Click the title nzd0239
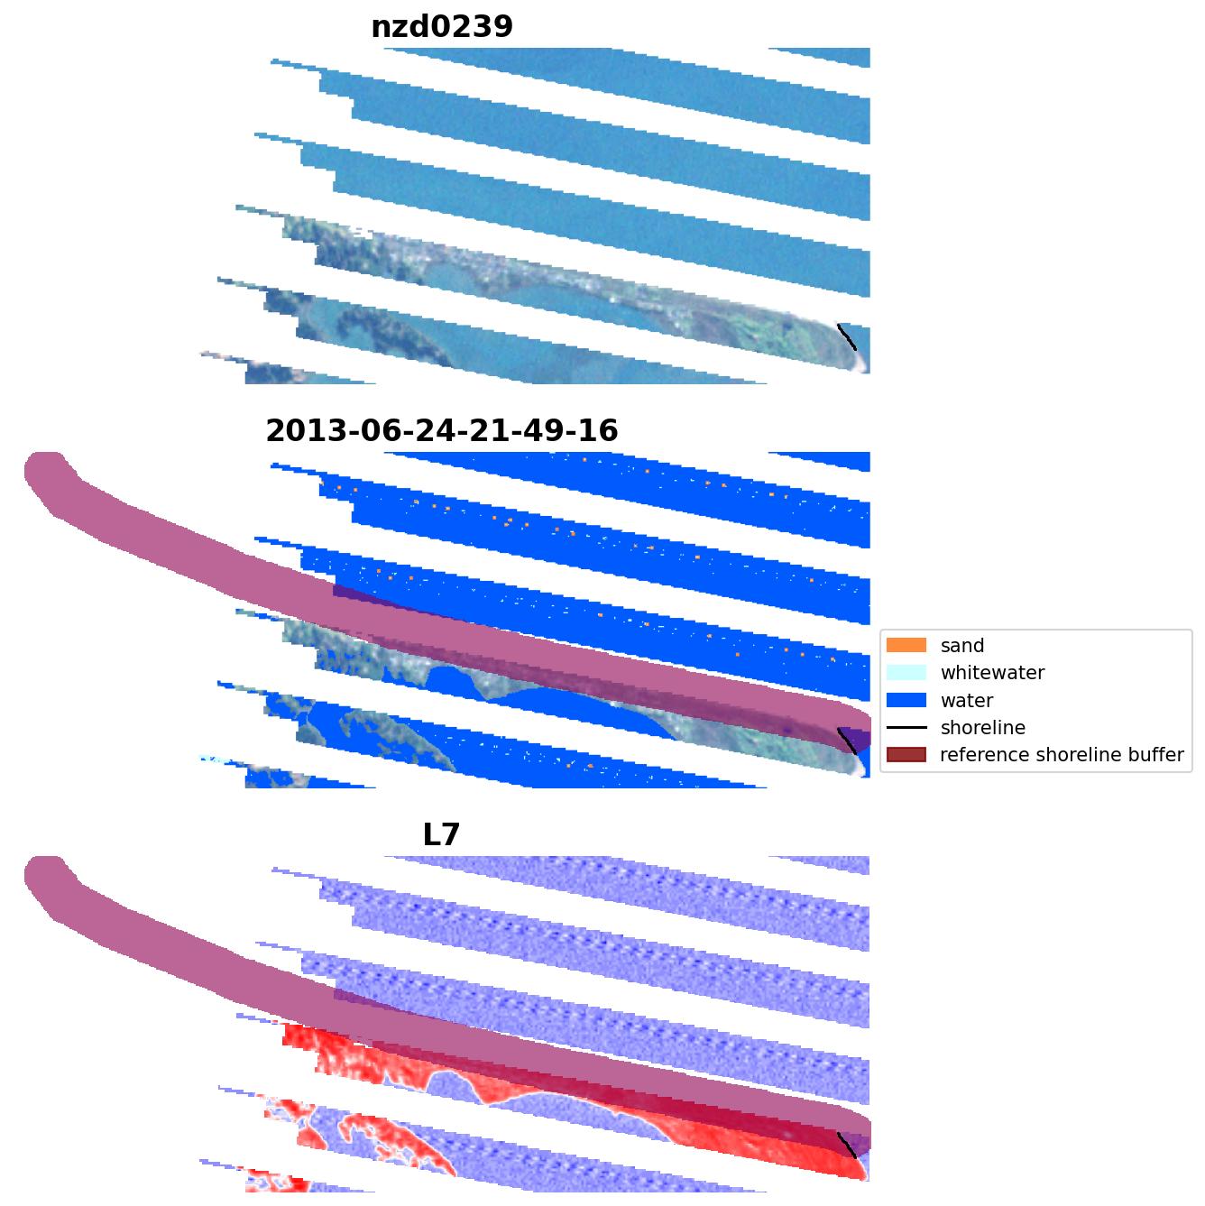[x=442, y=27]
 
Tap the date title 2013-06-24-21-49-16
[x=442, y=431]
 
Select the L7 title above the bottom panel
[x=442, y=835]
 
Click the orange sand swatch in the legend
[x=906, y=645]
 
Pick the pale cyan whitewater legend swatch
[x=906, y=672]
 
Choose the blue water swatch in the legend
[x=906, y=700]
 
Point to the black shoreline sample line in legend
[x=906, y=727]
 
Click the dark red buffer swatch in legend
[x=906, y=754]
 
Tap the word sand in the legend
[x=962, y=646]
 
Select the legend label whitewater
[x=992, y=673]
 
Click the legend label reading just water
[x=967, y=701]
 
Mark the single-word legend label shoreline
[x=982, y=728]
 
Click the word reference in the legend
[x=979, y=755]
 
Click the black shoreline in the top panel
[x=846, y=337]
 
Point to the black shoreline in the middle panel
[x=846, y=741]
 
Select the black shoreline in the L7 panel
[x=846, y=1146]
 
